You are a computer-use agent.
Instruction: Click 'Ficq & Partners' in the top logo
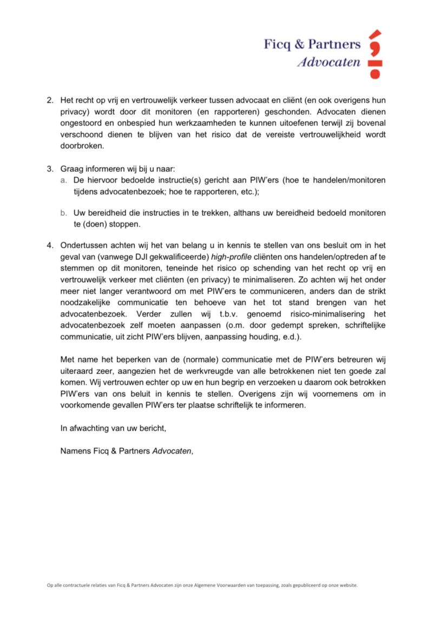312,44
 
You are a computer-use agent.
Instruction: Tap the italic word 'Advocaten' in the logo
329,62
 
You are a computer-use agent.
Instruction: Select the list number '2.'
50,101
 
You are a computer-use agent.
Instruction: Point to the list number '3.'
50,168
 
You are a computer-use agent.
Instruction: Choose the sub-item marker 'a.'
64,179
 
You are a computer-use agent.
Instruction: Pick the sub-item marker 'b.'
64,213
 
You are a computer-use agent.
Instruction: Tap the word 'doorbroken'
81,146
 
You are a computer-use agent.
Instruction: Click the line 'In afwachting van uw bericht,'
113,428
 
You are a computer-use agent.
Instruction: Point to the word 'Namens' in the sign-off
75,451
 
